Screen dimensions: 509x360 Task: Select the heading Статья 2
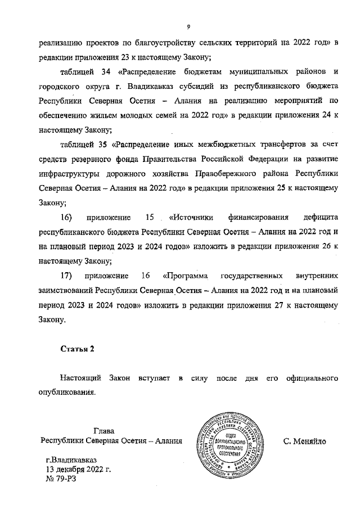pos(77,349)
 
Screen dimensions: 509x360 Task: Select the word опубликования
pos(67,392)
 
